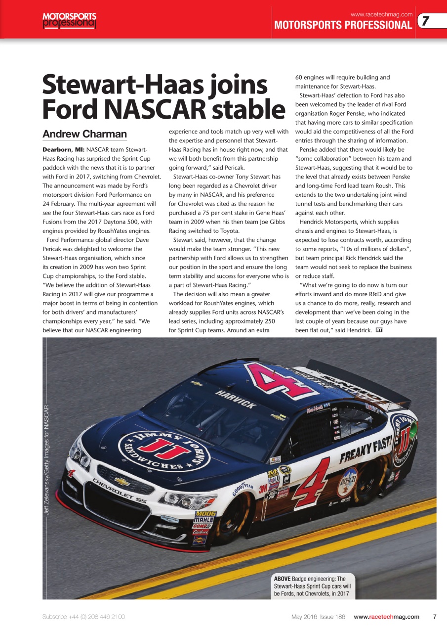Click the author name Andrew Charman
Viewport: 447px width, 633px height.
point(84,134)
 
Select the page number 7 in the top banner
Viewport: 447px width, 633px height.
point(425,21)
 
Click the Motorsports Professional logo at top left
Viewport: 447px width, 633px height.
point(69,20)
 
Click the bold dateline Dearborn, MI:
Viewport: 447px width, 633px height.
point(63,149)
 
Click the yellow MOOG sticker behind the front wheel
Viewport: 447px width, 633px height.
point(205,514)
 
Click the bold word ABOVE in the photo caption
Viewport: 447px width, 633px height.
point(282,579)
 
